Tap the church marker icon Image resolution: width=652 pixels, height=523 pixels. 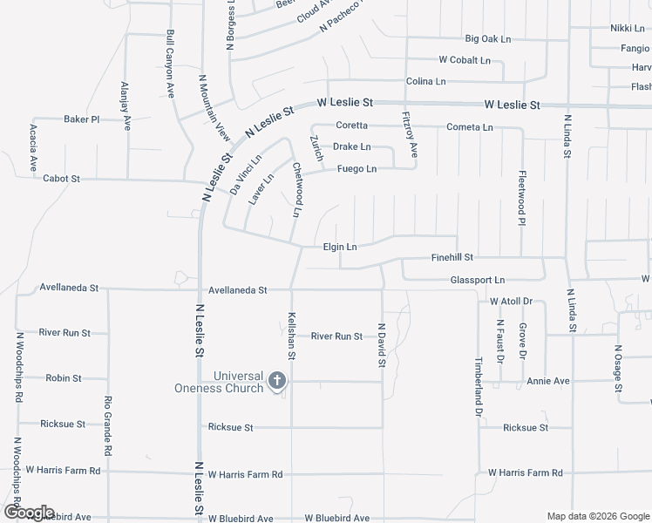tap(277, 380)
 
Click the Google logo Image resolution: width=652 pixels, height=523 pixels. tap(29, 512)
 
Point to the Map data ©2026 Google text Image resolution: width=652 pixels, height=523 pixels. tap(597, 516)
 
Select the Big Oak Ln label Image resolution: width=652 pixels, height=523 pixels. tap(487, 39)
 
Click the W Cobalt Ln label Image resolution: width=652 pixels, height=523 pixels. tap(465, 61)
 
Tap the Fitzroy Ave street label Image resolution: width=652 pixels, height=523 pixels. tap(410, 135)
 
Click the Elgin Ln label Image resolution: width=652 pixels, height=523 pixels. tap(340, 248)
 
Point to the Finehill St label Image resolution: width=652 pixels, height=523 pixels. tap(452, 258)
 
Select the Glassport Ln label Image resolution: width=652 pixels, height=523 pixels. tap(477, 280)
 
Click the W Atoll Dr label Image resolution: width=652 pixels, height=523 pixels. tap(511, 302)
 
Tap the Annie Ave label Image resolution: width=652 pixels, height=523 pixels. tap(548, 381)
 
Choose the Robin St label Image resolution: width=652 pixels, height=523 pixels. tap(64, 378)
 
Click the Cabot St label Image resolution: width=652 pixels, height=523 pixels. tap(61, 179)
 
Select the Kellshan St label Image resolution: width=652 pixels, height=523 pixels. tap(292, 338)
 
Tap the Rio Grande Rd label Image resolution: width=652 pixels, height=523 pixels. tap(108, 426)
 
